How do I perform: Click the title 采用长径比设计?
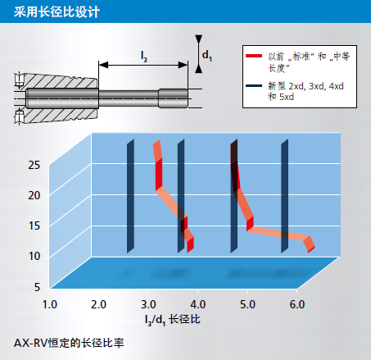57,12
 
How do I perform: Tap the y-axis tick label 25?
34,165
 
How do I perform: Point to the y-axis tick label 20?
34,195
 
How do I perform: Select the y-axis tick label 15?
34,226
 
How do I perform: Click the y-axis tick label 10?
34,257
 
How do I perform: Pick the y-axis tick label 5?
37,287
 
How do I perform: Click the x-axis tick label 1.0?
50,304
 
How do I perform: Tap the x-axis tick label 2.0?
98,304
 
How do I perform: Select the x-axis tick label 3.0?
148,304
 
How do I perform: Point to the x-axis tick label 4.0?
198,304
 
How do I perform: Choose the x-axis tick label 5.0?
247,304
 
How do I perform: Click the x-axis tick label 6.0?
297,304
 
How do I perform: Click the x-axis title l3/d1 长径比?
173,320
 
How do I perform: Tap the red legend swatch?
254,56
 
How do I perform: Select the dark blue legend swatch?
254,86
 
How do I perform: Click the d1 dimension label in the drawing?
207,56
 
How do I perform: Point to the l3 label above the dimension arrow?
144,57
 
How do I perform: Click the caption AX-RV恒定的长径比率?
69,343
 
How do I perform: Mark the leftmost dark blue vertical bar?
130,196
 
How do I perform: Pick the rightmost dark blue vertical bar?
285,196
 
